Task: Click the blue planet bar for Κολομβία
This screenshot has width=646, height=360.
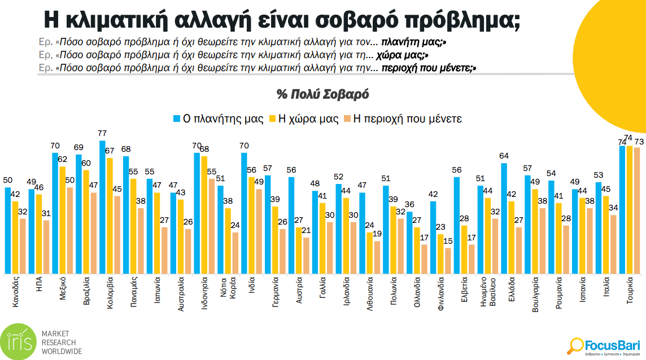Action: pyautogui.click(x=102, y=207)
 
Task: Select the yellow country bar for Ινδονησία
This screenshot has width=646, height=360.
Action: pyautogui.click(x=204, y=215)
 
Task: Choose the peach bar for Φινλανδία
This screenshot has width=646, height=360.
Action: pyautogui.click(x=448, y=261)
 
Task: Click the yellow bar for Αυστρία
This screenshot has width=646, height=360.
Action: pyautogui.click(x=299, y=251)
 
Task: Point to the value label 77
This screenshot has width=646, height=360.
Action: pyautogui.click(x=102, y=134)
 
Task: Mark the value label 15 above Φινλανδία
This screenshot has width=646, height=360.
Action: pyautogui.click(x=448, y=242)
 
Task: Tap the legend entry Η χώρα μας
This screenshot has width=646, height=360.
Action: pyautogui.click(x=305, y=119)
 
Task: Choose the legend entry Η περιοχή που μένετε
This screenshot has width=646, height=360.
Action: pyautogui.click(x=403, y=119)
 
